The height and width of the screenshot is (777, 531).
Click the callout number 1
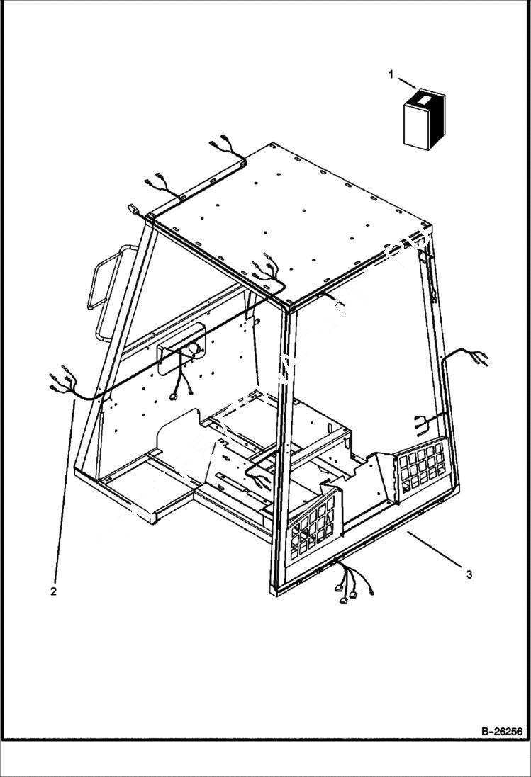click(391, 73)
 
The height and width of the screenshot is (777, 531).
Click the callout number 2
click(53, 589)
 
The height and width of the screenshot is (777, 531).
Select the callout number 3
click(469, 574)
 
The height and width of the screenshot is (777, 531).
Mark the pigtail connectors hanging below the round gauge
click(181, 387)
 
